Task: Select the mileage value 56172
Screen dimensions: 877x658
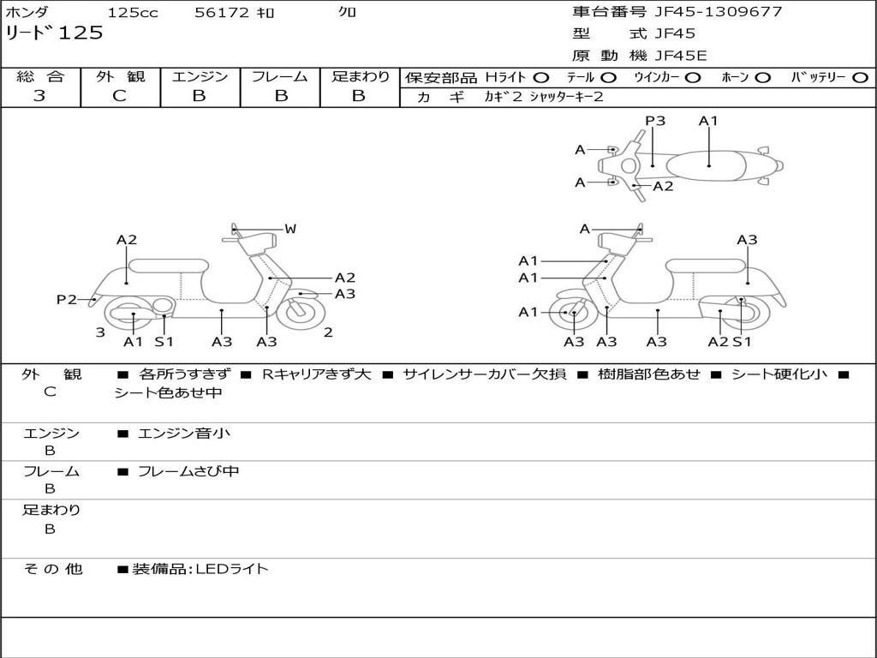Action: (x=221, y=13)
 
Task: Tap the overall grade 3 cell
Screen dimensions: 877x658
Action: (x=39, y=96)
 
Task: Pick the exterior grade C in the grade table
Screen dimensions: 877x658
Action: (x=120, y=96)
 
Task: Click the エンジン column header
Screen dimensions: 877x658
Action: (x=200, y=76)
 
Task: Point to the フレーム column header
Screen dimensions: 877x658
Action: (x=279, y=76)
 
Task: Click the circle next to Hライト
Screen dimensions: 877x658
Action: (x=541, y=77)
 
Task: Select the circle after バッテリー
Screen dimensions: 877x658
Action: (x=860, y=77)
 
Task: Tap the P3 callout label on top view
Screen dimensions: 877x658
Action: (x=655, y=121)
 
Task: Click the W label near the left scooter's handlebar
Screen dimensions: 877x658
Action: (x=290, y=229)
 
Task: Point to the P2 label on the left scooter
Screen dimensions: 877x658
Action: (x=66, y=299)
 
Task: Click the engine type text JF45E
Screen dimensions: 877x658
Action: (x=681, y=56)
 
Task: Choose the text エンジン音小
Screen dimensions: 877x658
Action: (x=183, y=434)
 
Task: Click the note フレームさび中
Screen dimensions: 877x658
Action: (x=188, y=471)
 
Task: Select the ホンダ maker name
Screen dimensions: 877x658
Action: (x=27, y=13)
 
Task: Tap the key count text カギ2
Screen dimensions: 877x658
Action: (x=503, y=97)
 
